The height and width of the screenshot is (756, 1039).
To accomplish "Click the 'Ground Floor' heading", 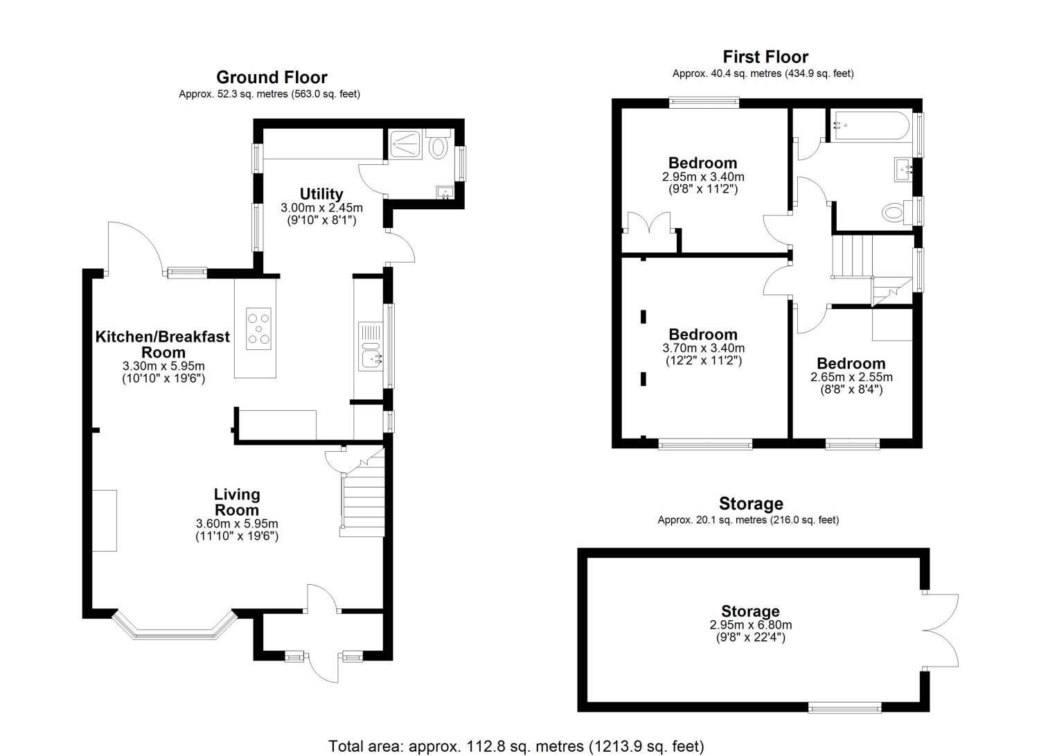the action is point(272,77).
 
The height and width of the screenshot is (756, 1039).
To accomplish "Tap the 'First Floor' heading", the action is point(765,57).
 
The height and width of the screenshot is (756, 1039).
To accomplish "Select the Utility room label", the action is point(321,193).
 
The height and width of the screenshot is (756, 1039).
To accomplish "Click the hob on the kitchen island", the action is point(258,328).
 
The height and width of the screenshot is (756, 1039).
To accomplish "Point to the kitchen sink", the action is point(371,346).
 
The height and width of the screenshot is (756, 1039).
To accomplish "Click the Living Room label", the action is point(237,502).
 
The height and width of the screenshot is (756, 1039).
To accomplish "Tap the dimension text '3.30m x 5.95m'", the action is point(163,366).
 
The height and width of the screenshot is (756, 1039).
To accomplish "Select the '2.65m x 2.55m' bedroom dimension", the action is point(851,377).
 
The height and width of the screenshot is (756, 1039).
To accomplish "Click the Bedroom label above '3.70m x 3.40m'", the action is point(703,334).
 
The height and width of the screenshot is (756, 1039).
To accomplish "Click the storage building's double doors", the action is point(940,631).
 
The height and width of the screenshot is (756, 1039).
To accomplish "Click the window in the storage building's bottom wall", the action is point(844,707).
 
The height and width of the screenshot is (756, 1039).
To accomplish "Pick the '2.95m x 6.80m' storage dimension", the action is point(750,624).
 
